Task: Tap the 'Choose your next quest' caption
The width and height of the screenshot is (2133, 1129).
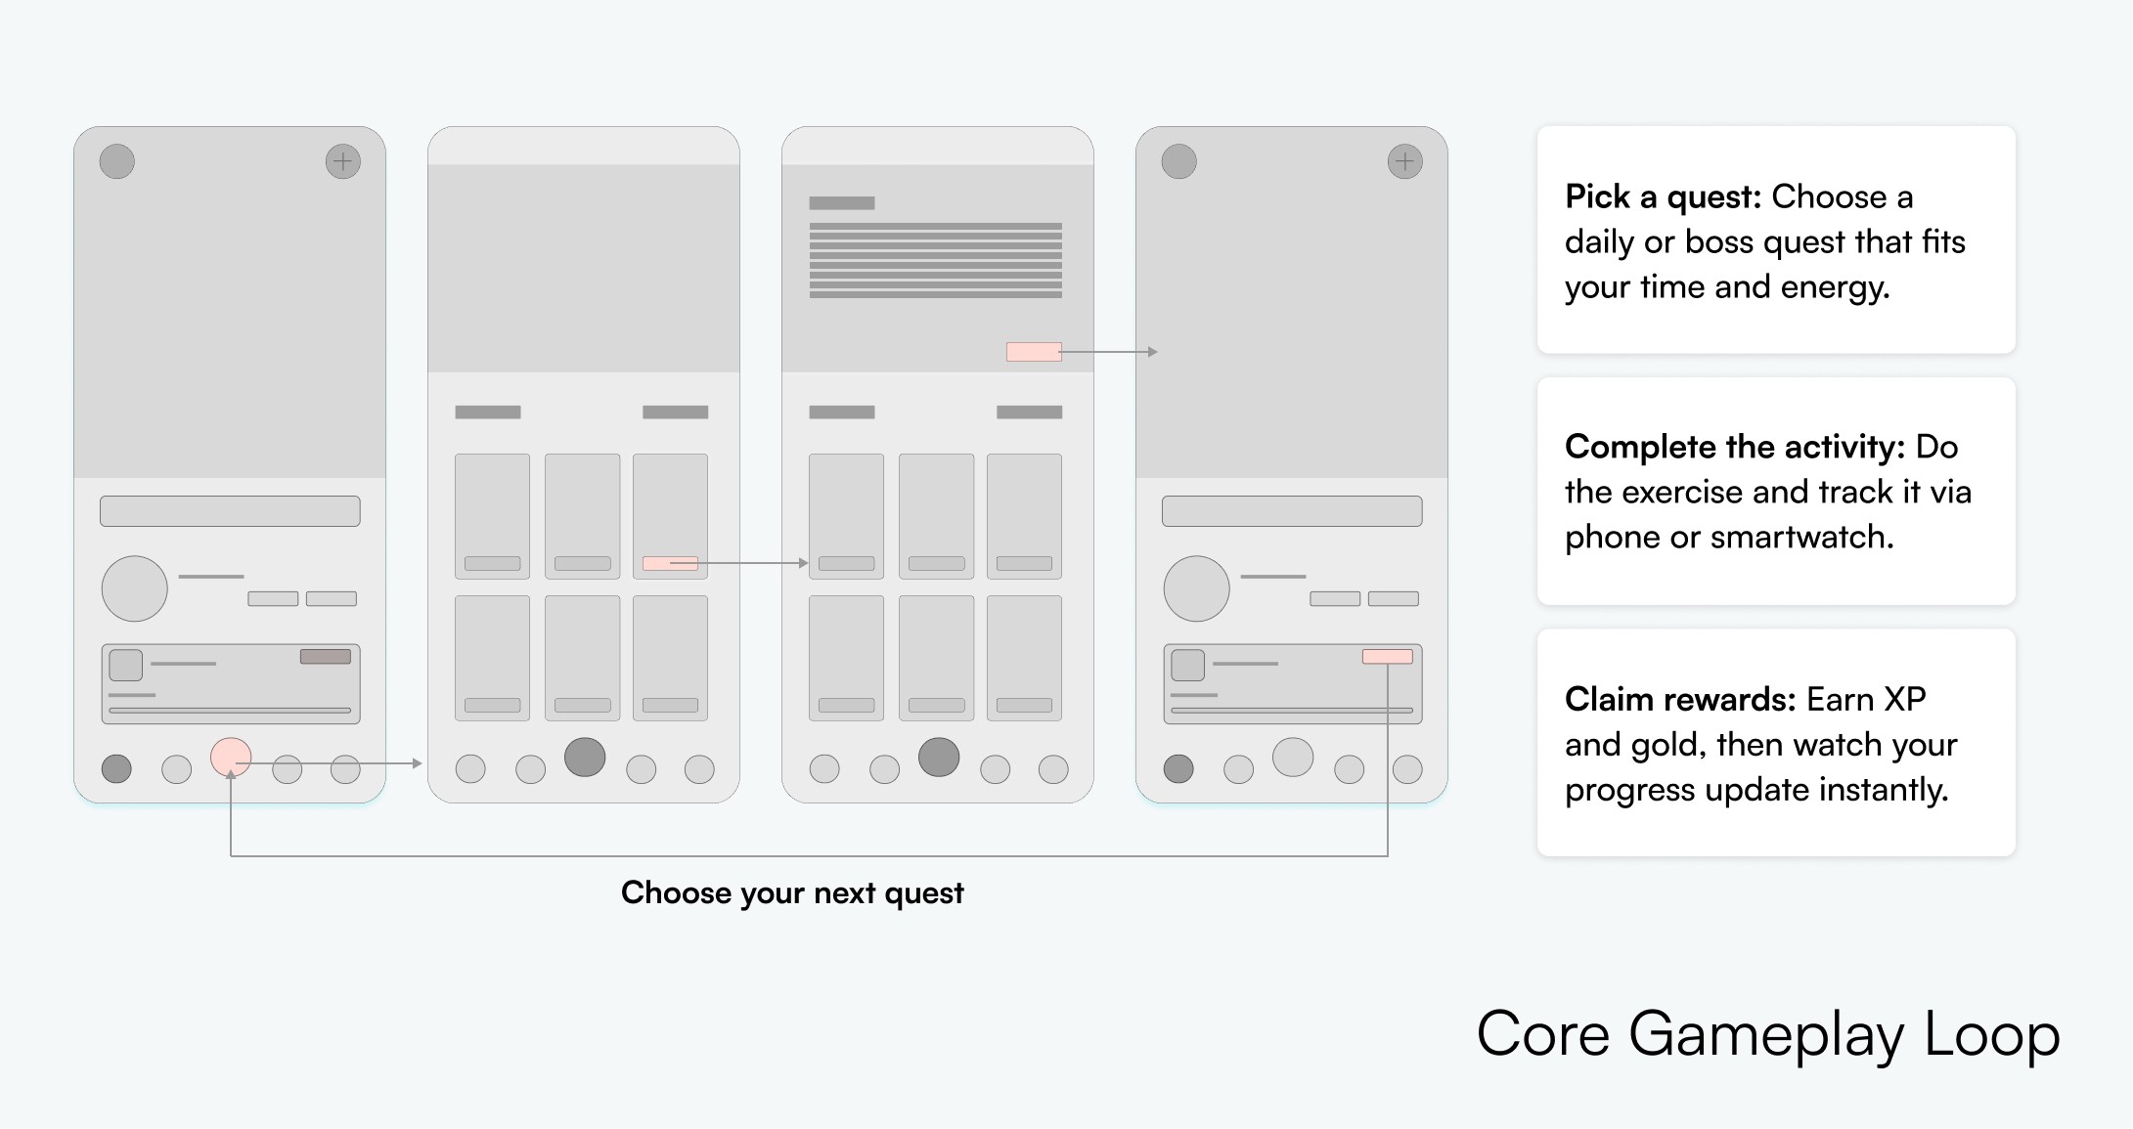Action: coord(792,893)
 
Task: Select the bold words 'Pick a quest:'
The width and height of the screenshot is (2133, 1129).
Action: coord(1664,197)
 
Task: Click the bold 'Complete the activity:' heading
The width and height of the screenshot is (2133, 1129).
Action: coord(1735,447)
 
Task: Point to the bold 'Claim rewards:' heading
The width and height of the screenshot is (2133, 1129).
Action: coord(1680,699)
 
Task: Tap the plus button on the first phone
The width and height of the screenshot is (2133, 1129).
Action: coord(343,161)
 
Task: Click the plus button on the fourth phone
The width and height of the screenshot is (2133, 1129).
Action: coord(1405,161)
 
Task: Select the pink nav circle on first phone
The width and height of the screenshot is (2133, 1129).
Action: coord(231,758)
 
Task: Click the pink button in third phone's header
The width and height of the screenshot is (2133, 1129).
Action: coord(1034,352)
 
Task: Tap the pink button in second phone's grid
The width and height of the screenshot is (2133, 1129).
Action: coord(670,564)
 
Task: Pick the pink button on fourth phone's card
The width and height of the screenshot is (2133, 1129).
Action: coord(1388,657)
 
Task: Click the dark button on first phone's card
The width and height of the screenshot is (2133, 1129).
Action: coord(326,657)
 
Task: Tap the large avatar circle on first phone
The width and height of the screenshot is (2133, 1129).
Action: coord(135,588)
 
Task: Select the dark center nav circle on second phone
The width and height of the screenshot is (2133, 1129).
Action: coord(585,758)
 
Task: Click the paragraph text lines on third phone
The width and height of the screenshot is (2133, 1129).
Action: coord(936,260)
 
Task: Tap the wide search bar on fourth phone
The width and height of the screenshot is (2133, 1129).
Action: coord(1292,511)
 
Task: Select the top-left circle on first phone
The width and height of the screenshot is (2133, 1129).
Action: coord(117,161)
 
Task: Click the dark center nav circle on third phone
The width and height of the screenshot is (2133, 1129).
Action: coord(939,758)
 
